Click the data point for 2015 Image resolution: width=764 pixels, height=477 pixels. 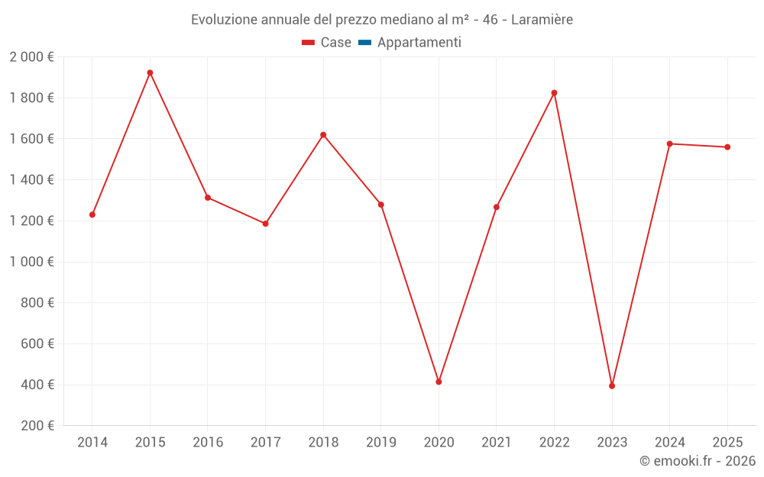[150, 73]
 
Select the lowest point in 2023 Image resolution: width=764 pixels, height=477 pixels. [612, 385]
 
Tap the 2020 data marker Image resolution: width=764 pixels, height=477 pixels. [439, 382]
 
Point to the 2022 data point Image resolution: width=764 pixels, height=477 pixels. [554, 93]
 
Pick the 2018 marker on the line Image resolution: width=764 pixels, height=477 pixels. [323, 135]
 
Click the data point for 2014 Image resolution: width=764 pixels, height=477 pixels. [92, 214]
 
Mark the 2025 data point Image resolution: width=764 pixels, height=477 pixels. [727, 147]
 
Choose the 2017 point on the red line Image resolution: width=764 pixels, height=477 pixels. [265, 224]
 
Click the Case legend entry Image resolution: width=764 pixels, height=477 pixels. [327, 43]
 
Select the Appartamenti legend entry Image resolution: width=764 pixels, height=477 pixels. [410, 43]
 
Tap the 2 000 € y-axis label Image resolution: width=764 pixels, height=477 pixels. [31, 56]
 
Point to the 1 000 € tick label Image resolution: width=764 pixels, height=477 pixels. [31, 262]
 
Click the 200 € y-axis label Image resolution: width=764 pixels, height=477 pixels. [36, 425]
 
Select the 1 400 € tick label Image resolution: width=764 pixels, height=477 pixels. [31, 179]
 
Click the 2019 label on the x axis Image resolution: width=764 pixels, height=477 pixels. [380, 442]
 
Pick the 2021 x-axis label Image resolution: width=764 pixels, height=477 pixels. [496, 442]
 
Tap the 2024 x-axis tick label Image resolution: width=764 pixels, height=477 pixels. [669, 442]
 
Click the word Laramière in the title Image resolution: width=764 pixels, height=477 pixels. [542, 20]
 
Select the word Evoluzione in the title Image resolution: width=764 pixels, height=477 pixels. [224, 20]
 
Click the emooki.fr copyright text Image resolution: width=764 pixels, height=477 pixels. [698, 461]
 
